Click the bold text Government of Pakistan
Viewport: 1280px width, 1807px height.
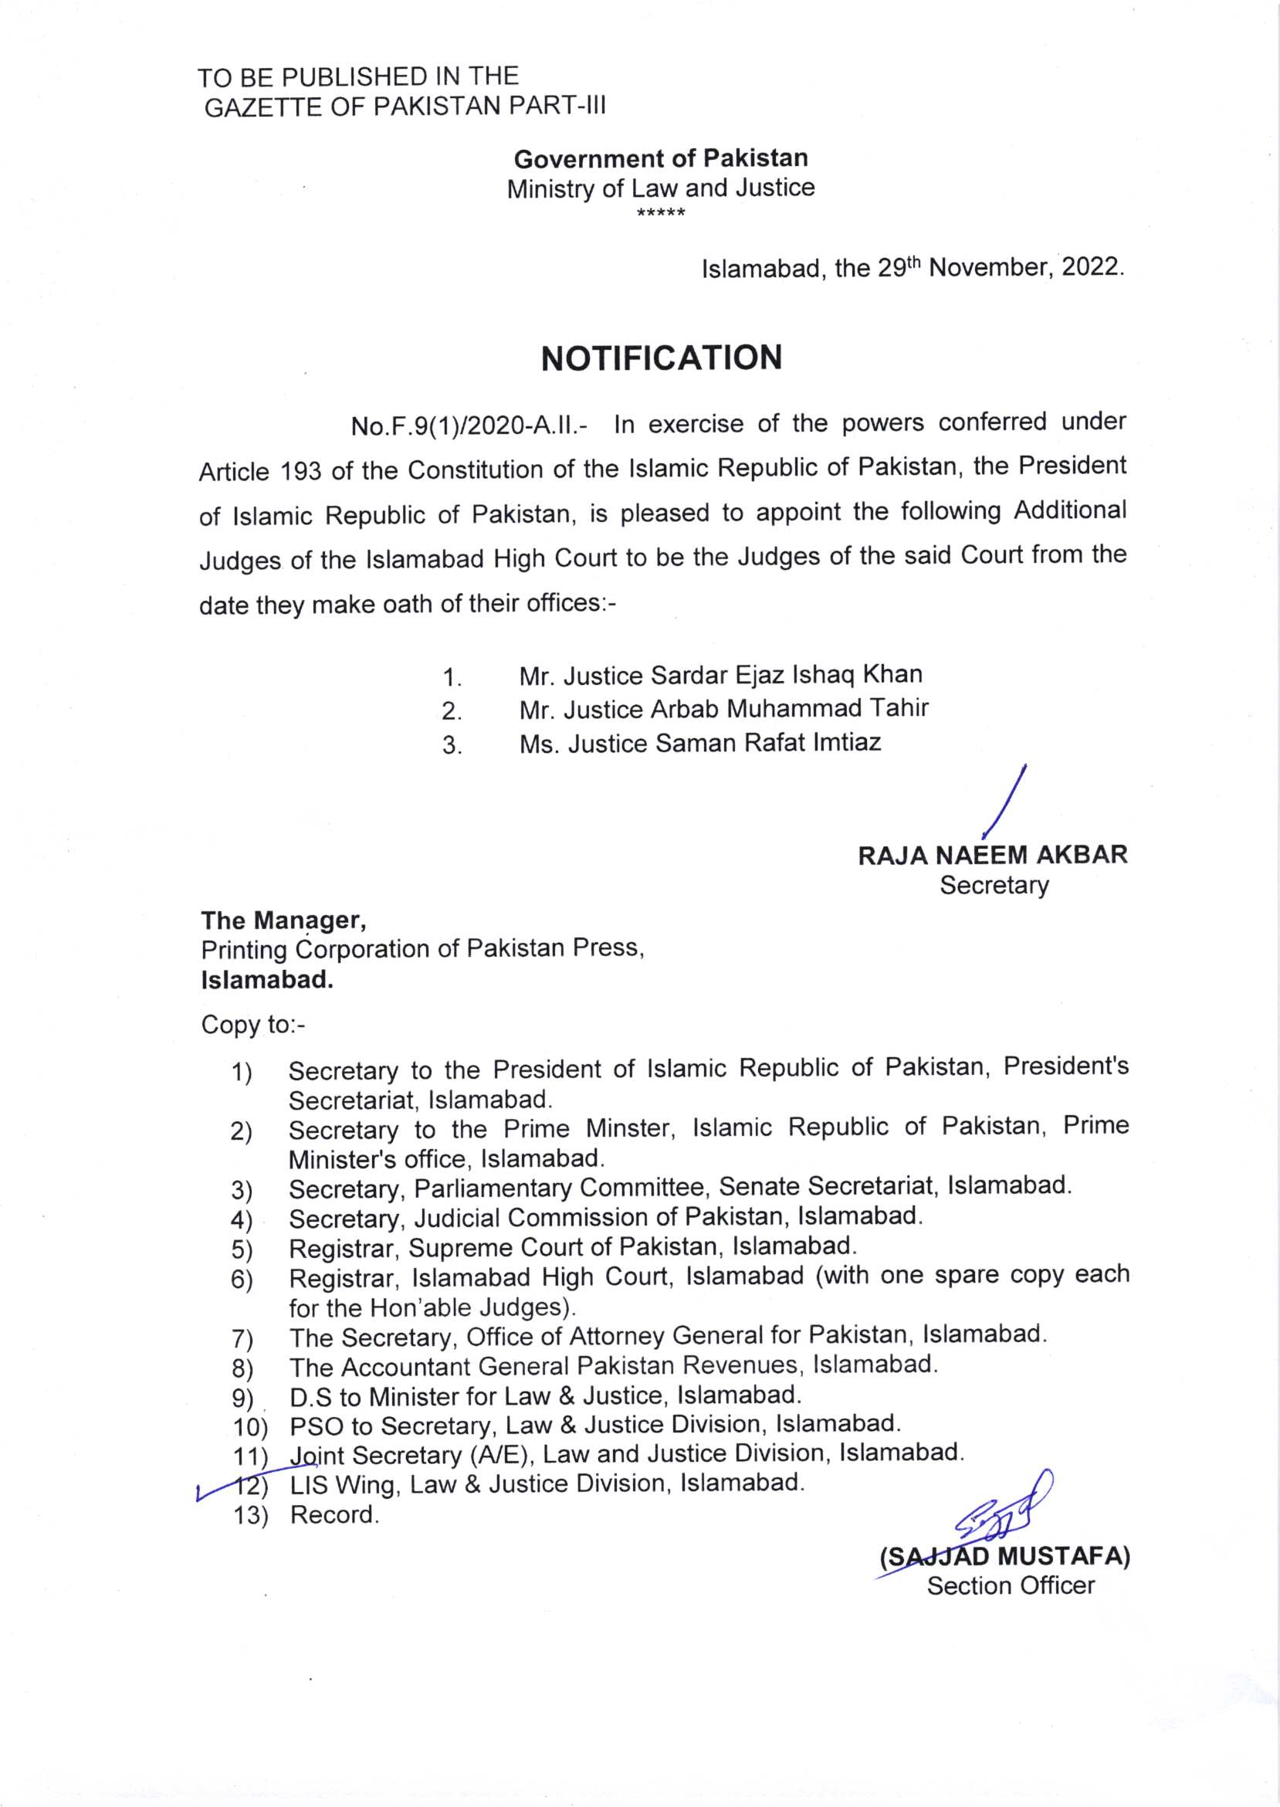(x=661, y=158)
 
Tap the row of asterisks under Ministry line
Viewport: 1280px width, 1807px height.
(x=661, y=213)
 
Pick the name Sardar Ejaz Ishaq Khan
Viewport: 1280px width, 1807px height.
(x=787, y=675)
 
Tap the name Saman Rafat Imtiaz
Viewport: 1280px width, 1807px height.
(x=767, y=743)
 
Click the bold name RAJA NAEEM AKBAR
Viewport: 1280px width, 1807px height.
(x=992, y=855)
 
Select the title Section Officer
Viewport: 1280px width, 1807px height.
(x=1011, y=1585)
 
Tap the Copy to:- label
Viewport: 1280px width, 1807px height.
(x=252, y=1024)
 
